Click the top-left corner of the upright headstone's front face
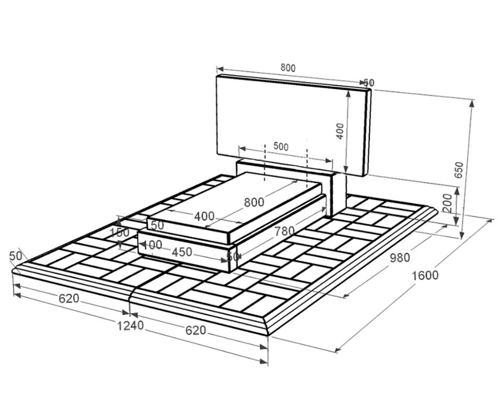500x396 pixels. pyautogui.click(x=217, y=76)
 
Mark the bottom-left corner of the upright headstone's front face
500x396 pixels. pyautogui.click(x=217, y=154)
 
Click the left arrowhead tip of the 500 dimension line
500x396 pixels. pyautogui.click(x=239, y=148)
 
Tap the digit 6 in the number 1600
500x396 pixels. pyautogui.click(x=421, y=275)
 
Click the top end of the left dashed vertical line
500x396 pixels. pyautogui.click(x=264, y=144)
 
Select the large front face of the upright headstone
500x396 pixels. pyautogui.click(x=291, y=125)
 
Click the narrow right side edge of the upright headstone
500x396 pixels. pyautogui.click(x=368, y=133)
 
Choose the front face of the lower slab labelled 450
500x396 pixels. pyautogui.click(x=184, y=252)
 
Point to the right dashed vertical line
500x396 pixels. pyautogui.click(x=307, y=168)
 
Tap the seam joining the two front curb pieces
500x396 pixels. pyautogui.click(x=131, y=295)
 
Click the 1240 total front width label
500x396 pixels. pyautogui.click(x=130, y=325)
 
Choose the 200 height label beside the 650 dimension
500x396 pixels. pyautogui.click(x=448, y=203)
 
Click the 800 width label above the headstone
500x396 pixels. pyautogui.click(x=288, y=68)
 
